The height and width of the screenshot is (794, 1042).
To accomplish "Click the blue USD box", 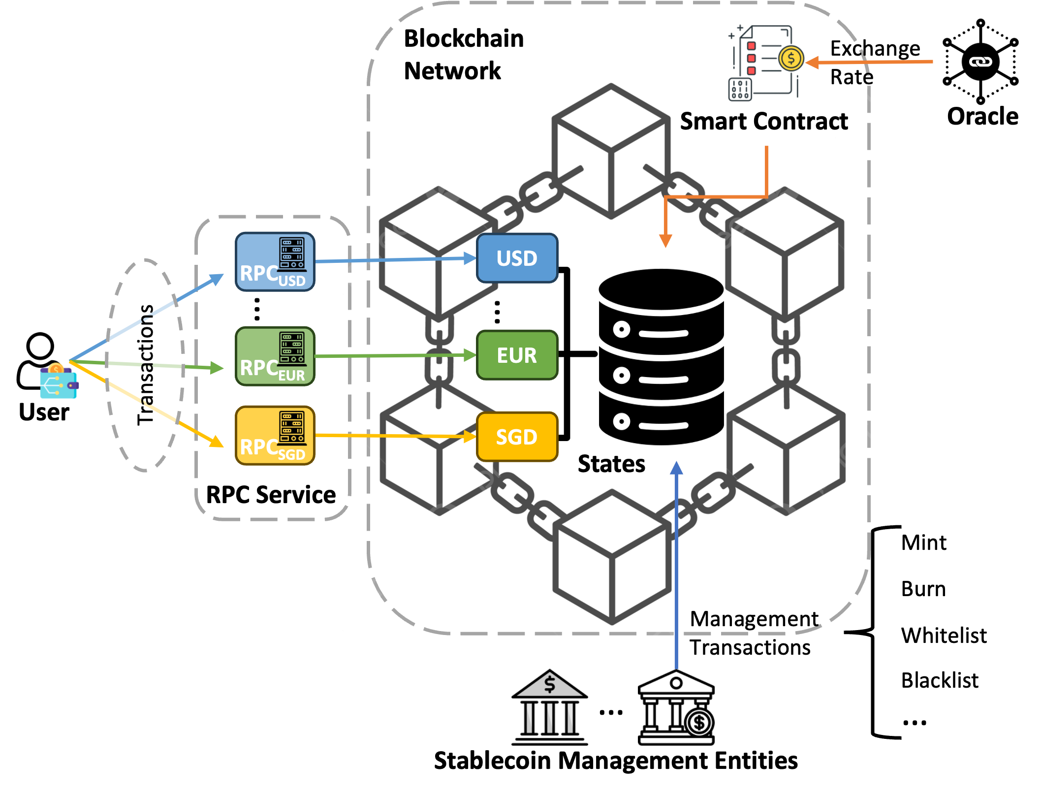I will pyautogui.click(x=517, y=258).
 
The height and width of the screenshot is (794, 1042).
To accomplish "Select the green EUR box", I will pyautogui.click(x=517, y=355).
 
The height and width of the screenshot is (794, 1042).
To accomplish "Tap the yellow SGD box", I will pyautogui.click(x=517, y=437).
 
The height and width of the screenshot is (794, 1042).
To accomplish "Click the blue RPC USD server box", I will pyautogui.click(x=275, y=262).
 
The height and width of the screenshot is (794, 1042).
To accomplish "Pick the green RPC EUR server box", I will pyautogui.click(x=275, y=356).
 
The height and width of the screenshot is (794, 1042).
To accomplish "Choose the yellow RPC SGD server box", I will pyautogui.click(x=275, y=435).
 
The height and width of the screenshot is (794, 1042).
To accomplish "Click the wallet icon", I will pyautogui.click(x=59, y=381).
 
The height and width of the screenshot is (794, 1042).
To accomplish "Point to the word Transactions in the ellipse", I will pyautogui.click(x=145, y=364).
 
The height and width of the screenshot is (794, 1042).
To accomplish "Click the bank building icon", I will pyautogui.click(x=550, y=709).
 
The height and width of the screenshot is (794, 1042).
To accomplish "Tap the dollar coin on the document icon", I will pyautogui.click(x=790, y=59).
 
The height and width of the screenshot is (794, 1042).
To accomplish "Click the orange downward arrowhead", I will pyautogui.click(x=665, y=241).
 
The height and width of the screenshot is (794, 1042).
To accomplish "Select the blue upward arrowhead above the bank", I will pyautogui.click(x=677, y=468).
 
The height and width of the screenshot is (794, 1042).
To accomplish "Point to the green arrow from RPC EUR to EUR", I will pyautogui.click(x=394, y=355).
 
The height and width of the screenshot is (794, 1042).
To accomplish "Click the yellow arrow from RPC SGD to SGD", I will pyautogui.click(x=394, y=436).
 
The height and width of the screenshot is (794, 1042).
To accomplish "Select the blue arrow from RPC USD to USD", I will pyautogui.click(x=394, y=259).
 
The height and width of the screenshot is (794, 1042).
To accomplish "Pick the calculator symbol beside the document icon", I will pyautogui.click(x=740, y=89).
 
